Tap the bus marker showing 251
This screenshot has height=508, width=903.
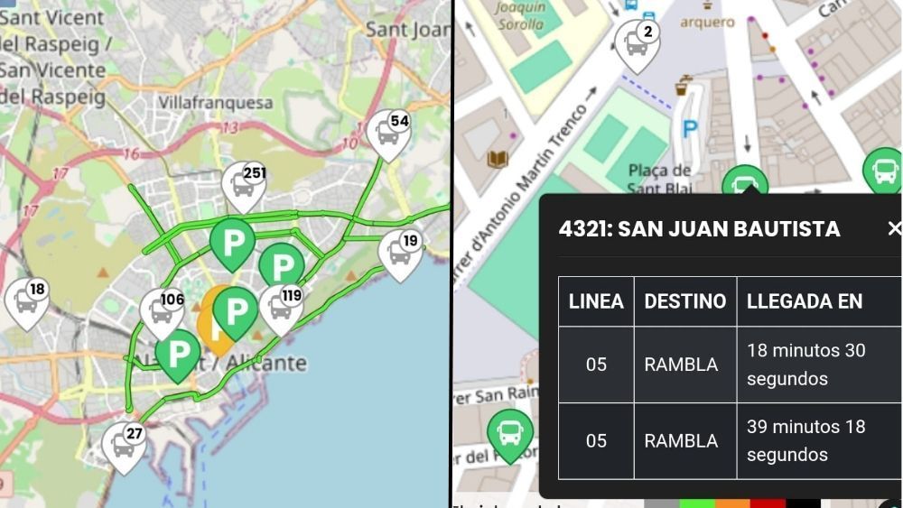[x=243, y=184]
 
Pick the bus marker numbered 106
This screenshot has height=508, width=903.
[x=163, y=311]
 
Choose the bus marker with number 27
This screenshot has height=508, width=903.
[x=124, y=445]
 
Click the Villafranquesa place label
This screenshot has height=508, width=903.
[x=215, y=103]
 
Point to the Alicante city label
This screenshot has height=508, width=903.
[x=262, y=364]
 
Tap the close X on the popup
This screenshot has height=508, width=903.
[x=894, y=228]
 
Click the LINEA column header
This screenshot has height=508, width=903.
[x=596, y=301]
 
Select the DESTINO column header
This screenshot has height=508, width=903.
[x=684, y=301]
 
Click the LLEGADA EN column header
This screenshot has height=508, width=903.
[x=804, y=301]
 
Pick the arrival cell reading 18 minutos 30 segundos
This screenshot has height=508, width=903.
[x=805, y=365]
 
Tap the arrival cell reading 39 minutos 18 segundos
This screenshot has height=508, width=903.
[x=805, y=440]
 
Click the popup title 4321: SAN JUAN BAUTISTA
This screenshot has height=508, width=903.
[x=699, y=228]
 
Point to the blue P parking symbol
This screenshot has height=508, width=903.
[x=691, y=130]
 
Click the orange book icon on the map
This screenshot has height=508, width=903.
[x=498, y=160]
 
